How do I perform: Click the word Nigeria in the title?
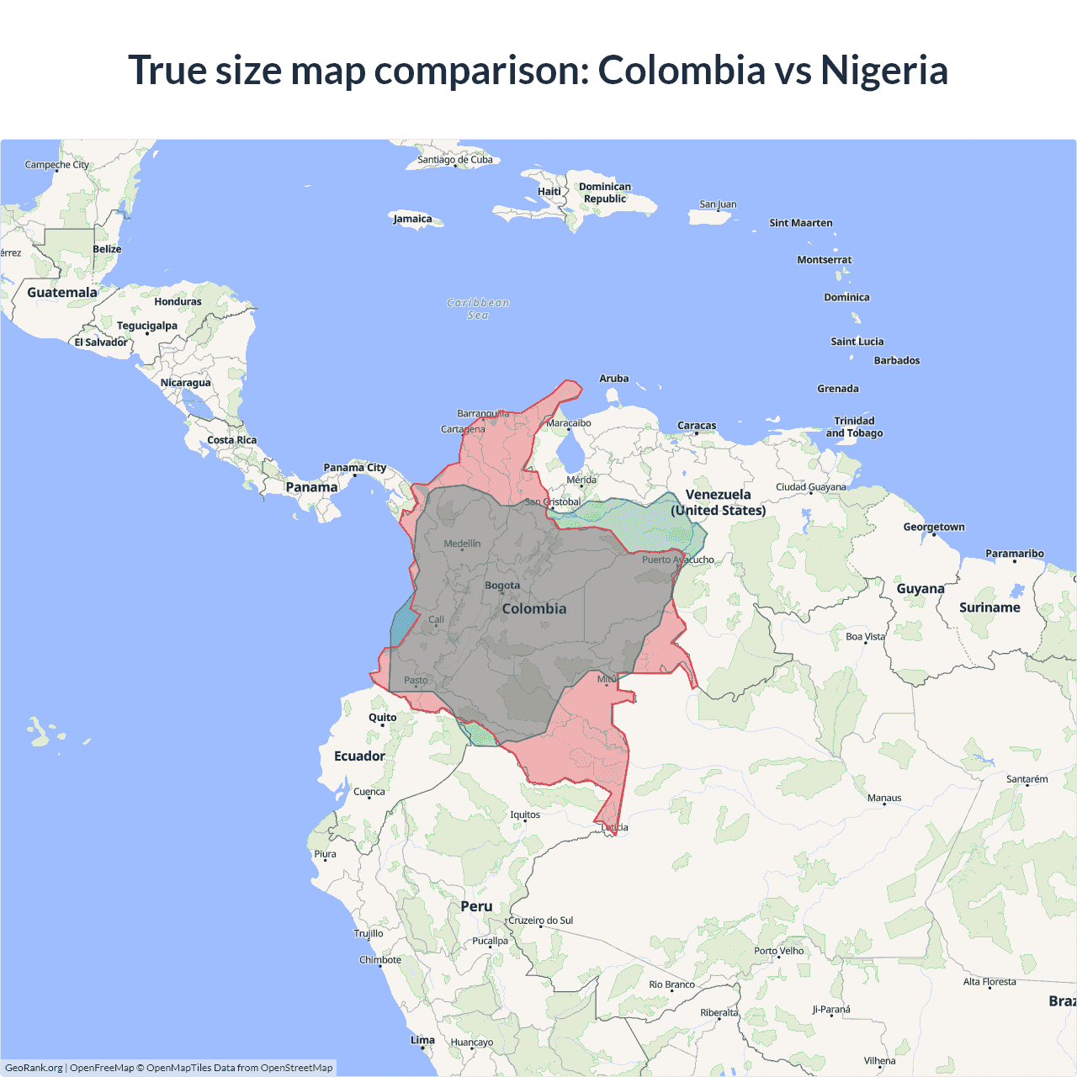pos(884,71)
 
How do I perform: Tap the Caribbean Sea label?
pos(478,309)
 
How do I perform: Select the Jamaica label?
pos(412,219)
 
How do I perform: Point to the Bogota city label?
pos(502,586)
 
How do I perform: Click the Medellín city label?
pos(462,544)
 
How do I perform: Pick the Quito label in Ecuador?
pos(382,718)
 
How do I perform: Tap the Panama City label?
pos(355,468)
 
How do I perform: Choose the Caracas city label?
pos(697,426)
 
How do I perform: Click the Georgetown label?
pos(934,527)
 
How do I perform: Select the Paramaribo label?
pos(1014,554)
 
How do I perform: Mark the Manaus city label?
pos(884,798)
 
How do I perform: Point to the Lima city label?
pos(422,1040)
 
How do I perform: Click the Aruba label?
pos(613,379)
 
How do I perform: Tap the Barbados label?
pos(897,360)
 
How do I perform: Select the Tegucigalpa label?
pos(147,326)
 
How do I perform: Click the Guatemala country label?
pos(62,293)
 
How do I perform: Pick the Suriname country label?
pos(989,607)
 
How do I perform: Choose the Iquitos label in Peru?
pos(525,814)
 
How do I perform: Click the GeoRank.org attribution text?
pos(34,1068)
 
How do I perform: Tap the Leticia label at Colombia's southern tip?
pos(614,827)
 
